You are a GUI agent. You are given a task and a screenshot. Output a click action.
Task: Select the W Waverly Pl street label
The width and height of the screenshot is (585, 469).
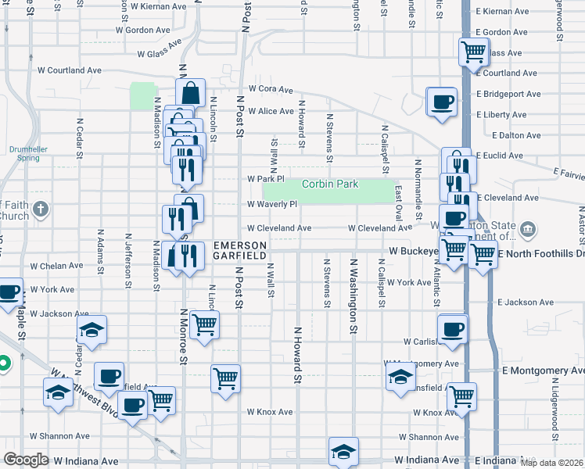(272, 205)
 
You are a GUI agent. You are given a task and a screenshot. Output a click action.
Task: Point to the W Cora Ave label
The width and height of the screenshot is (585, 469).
(271, 89)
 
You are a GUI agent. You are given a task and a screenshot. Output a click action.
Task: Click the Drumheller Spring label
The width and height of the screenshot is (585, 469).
(23, 152)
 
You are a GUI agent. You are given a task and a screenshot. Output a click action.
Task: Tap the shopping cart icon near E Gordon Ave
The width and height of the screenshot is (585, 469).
(474, 52)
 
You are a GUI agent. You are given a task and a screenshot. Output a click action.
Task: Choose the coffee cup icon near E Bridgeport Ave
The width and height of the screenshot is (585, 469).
(441, 101)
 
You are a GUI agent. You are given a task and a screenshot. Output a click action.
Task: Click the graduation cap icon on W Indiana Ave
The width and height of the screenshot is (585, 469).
(343, 452)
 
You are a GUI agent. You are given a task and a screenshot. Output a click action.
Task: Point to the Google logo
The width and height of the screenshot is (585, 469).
(26, 460)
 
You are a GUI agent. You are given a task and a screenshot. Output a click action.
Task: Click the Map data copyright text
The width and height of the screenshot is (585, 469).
(551, 463)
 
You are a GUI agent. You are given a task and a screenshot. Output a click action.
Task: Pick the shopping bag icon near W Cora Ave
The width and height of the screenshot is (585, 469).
(192, 92)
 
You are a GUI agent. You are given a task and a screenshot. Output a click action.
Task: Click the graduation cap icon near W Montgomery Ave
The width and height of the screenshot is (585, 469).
(400, 376)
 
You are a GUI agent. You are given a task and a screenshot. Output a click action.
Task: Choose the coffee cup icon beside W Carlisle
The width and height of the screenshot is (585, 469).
(453, 329)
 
